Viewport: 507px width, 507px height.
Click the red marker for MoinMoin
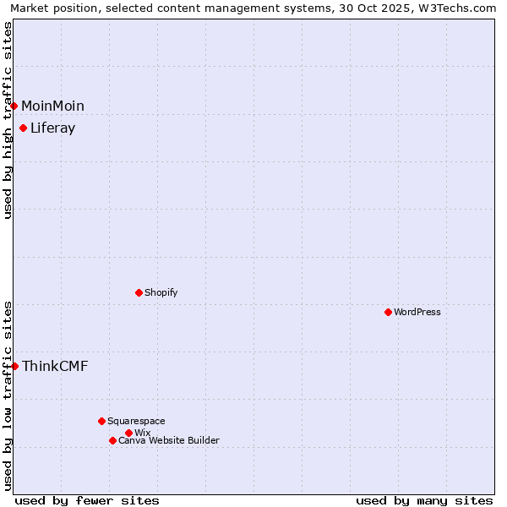click(14, 106)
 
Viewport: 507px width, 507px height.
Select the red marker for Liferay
click(24, 128)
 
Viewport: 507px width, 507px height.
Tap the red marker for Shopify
click(139, 292)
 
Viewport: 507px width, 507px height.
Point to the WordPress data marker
click(388, 312)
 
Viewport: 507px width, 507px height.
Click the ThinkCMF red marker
click(14, 366)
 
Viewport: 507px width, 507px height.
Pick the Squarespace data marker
click(101, 421)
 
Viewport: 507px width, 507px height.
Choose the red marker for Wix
click(128, 433)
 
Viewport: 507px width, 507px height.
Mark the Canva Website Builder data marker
click(112, 440)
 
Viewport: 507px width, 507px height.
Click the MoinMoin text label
click(52, 106)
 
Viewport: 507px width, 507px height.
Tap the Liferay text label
click(52, 128)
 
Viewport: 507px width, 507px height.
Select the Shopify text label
click(161, 292)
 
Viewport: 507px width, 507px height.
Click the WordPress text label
click(417, 312)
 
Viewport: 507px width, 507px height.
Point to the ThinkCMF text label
click(55, 366)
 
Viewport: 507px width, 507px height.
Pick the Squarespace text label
click(136, 421)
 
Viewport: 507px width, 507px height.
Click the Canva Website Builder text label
click(168, 440)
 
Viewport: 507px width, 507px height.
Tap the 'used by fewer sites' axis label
click(87, 500)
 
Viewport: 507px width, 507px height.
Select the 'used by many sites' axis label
click(424, 500)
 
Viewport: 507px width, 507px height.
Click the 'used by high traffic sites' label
click(8, 120)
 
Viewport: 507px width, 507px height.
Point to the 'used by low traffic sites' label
click(8, 395)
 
